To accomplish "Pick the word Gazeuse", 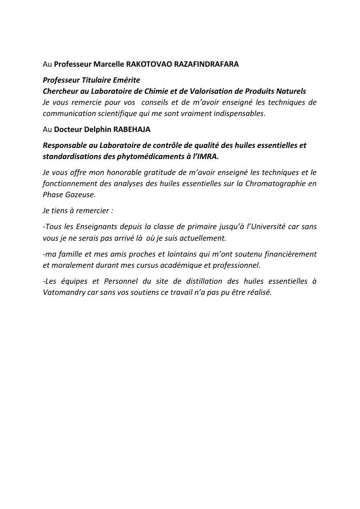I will [80, 195].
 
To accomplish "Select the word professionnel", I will [234, 265].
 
